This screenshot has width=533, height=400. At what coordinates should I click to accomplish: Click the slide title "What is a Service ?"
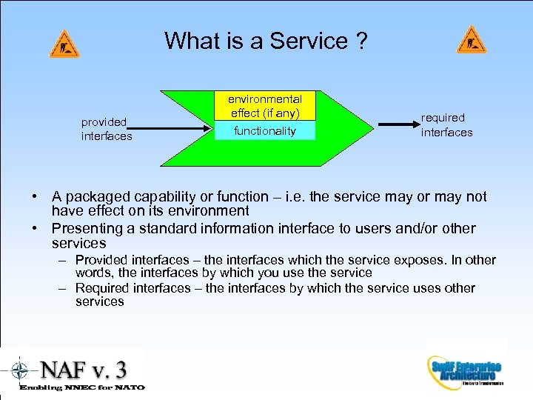pos(266,40)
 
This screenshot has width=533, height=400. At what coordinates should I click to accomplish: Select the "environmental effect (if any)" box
pos(264,106)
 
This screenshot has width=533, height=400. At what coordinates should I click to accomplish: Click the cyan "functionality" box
pos(264,131)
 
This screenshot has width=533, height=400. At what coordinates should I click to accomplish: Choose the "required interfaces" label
pos(446,125)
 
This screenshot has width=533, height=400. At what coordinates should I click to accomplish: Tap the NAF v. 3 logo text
pos(83,367)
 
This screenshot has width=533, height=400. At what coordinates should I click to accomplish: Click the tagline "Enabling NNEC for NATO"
pos(82,387)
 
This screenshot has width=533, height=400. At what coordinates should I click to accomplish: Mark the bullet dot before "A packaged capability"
pos(35,197)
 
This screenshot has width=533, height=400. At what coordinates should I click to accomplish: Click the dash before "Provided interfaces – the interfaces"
pos(62,260)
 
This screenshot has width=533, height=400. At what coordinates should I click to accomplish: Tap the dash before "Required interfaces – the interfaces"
pos(62,288)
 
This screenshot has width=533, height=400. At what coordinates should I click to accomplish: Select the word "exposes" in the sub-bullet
pos(420,260)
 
